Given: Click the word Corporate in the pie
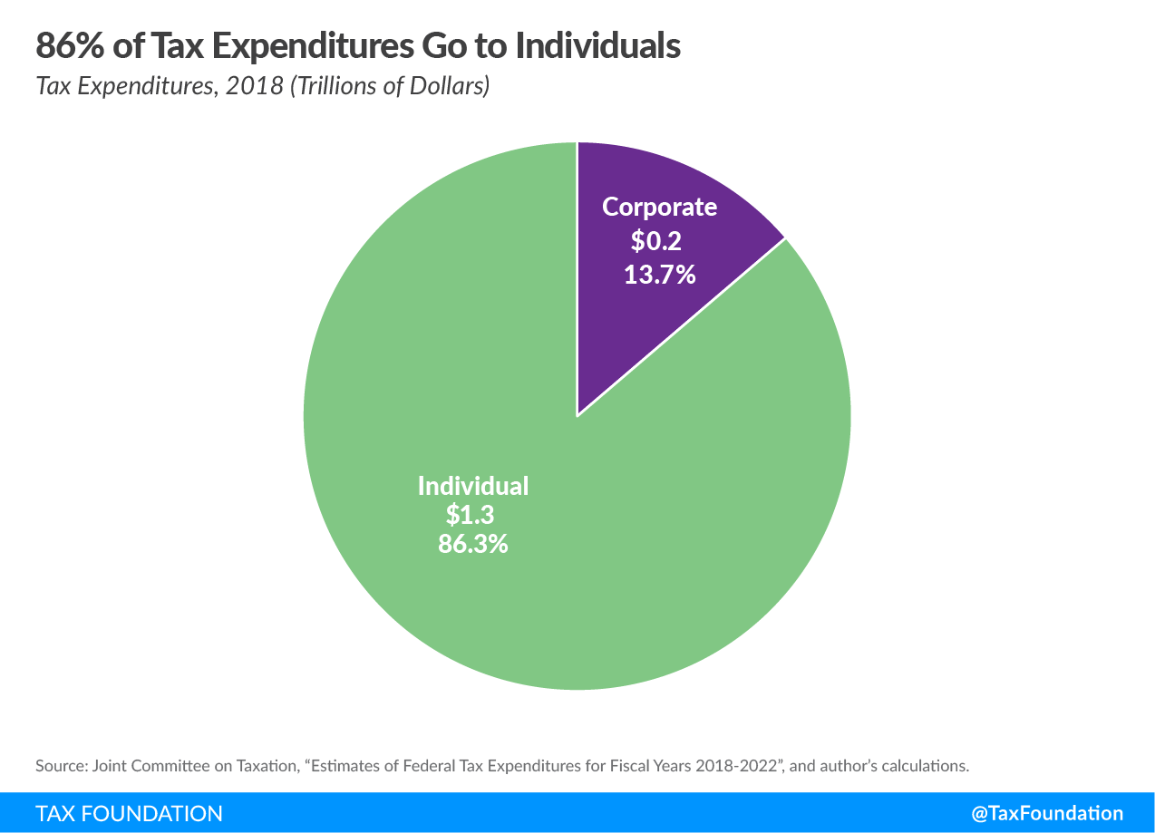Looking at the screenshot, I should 659,207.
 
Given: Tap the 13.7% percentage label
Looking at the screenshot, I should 659,274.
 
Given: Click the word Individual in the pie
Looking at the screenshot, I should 472,486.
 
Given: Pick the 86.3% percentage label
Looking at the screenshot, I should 472,544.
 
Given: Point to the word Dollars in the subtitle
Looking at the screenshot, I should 448,87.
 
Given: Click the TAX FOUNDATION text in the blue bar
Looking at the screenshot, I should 129,813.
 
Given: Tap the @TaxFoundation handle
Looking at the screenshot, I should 1047,813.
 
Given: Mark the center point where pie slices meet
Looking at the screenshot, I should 577,416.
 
